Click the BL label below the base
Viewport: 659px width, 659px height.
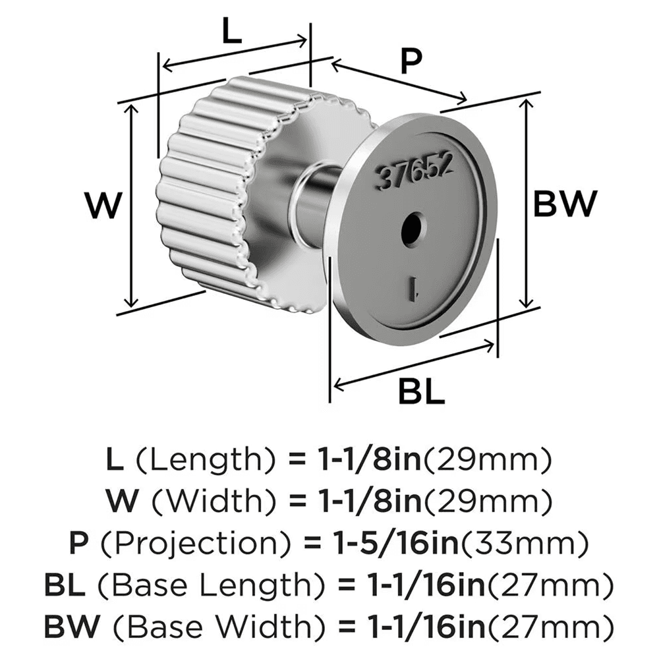click(421, 393)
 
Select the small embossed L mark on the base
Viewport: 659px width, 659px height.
click(413, 287)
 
